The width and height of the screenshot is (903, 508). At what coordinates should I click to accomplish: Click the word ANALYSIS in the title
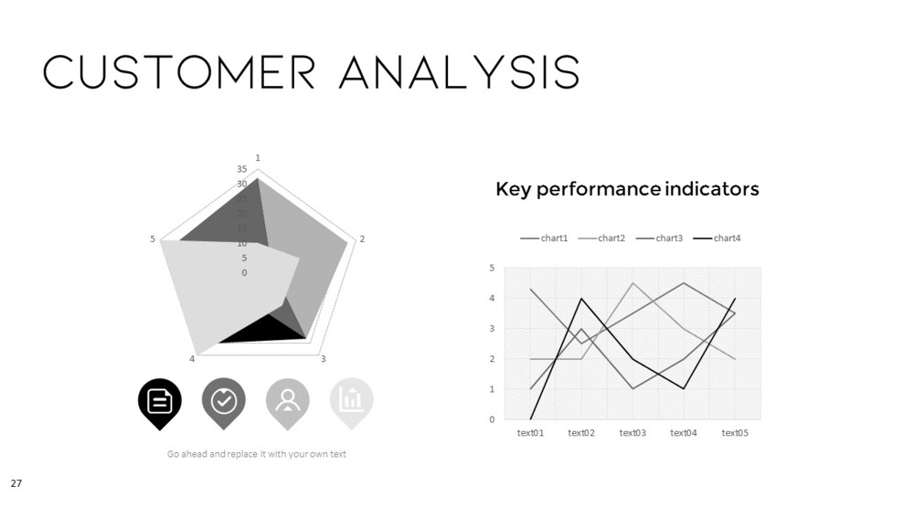tap(459, 72)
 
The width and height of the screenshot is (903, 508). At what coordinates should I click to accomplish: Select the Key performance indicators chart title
tap(627, 189)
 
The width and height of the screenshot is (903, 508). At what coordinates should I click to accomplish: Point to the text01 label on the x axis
tap(530, 433)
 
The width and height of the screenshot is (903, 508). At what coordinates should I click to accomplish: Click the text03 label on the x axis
tap(632, 433)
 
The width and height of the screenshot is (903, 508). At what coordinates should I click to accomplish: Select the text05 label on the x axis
tap(735, 433)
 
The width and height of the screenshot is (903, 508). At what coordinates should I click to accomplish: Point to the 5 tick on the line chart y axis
tap(492, 268)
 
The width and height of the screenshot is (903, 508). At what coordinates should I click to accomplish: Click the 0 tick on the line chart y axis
tap(492, 419)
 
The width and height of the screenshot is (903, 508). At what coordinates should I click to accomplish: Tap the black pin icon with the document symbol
tap(160, 401)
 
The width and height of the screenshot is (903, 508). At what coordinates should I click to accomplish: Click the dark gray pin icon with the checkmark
tap(224, 401)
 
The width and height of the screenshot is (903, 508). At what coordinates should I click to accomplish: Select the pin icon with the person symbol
tap(288, 401)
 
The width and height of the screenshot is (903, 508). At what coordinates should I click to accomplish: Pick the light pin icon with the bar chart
tap(352, 401)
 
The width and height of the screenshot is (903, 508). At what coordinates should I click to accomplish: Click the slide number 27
tap(16, 482)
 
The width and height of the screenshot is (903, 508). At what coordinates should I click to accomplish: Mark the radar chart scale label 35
tap(242, 170)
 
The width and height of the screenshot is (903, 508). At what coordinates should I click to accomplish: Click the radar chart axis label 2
tap(362, 239)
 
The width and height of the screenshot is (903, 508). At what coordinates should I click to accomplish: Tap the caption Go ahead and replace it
tap(256, 454)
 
